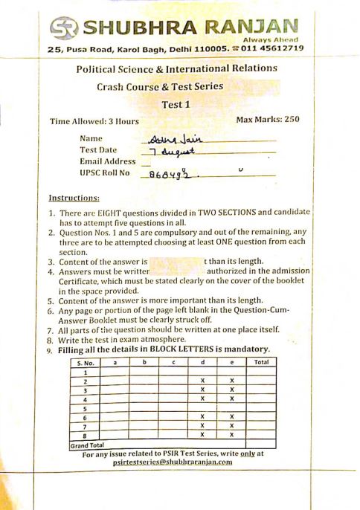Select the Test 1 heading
176,104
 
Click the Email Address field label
107,161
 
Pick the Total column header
261,362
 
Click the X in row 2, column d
202,381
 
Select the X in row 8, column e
232,434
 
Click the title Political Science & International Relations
176,68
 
